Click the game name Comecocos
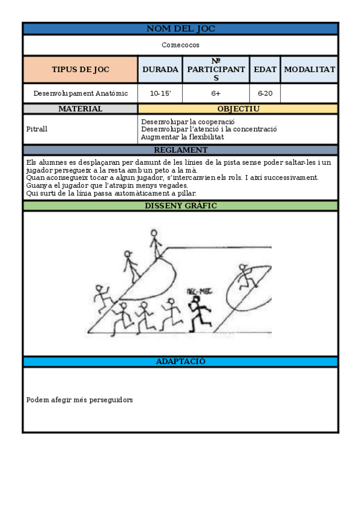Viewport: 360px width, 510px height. [180, 45]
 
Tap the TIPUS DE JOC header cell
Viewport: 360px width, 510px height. [81, 70]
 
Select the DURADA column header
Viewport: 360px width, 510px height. [160, 70]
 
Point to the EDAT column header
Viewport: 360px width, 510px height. [264, 70]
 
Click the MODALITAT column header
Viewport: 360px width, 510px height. [309, 70]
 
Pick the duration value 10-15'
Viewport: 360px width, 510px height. [160, 93]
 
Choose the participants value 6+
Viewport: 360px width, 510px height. [216, 93]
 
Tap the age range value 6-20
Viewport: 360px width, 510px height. [264, 93]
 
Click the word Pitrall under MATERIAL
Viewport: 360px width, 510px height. [37, 129]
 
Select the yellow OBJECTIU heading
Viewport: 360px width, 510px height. [238, 109]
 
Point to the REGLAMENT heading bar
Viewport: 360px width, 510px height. [180, 150]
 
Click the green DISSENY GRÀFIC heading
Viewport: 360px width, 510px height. [180, 206]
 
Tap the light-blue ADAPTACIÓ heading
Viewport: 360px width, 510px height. [180, 361]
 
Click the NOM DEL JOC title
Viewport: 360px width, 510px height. [180, 29]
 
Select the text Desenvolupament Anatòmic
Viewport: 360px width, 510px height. [81, 93]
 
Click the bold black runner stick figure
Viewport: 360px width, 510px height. [198, 310]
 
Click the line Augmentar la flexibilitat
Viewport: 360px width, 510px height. [182, 137]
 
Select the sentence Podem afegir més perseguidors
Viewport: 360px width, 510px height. [79, 400]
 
